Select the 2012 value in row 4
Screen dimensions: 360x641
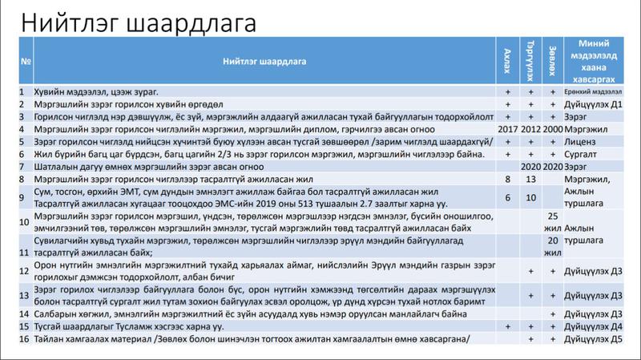tap(530, 128)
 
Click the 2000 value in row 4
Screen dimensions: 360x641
tap(551, 128)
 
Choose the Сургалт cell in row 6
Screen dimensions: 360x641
tap(582, 152)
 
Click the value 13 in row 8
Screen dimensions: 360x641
tap(530, 179)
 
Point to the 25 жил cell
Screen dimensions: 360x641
tap(551, 223)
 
